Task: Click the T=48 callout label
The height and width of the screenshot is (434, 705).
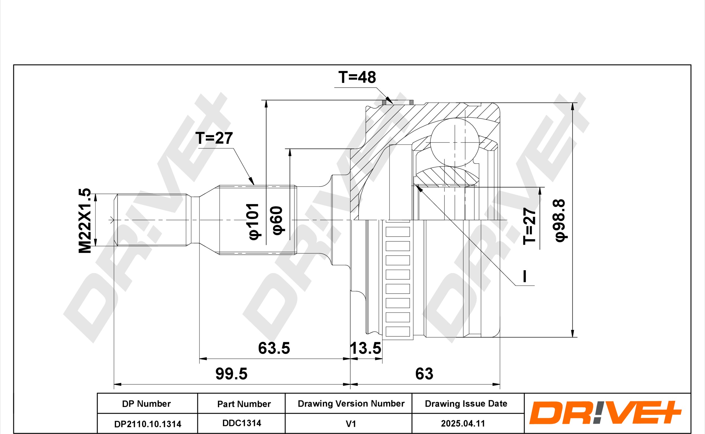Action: point(357,77)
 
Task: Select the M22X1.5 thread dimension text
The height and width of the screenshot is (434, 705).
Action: point(85,221)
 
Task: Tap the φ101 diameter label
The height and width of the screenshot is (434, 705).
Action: point(254,221)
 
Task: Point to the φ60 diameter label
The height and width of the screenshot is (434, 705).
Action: point(278,220)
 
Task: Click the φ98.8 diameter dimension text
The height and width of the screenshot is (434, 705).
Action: point(560,221)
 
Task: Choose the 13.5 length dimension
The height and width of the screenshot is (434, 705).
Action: point(365,348)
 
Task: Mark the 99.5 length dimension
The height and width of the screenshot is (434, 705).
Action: point(232,374)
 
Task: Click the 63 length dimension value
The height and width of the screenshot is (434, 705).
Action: point(424,374)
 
